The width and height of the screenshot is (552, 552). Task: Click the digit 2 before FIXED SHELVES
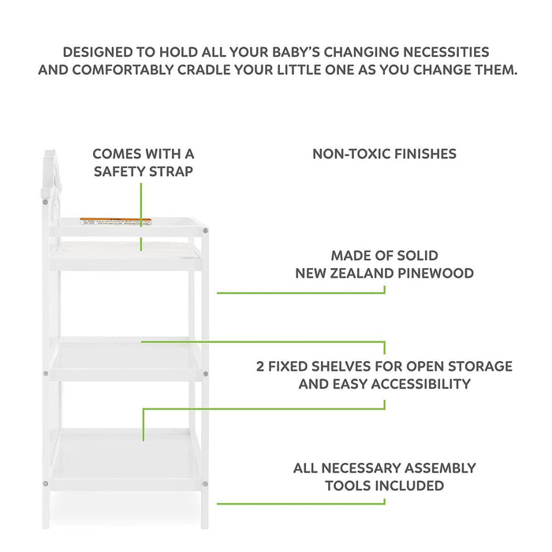pos(261,367)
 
